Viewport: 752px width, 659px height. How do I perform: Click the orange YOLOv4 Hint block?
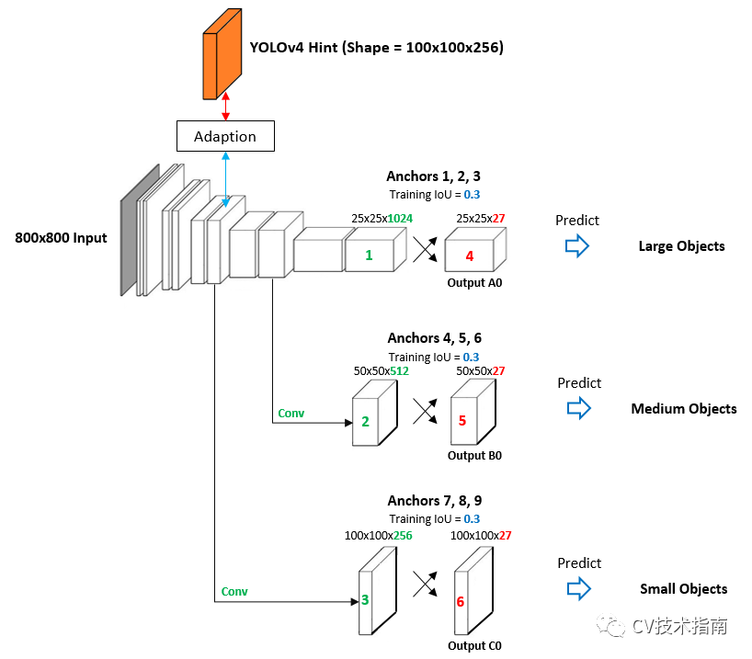coord(222,54)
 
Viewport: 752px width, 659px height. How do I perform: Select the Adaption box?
coord(225,136)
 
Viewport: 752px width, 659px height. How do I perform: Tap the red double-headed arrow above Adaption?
coord(225,107)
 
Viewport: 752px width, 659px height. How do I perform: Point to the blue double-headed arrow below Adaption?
coord(225,179)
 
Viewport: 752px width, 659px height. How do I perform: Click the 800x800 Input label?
coord(61,238)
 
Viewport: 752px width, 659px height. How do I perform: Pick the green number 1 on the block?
coord(369,256)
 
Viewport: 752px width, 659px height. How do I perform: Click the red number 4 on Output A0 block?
coord(470,256)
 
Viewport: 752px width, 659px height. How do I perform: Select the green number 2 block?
coord(374,413)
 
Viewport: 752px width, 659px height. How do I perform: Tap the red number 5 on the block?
coord(462,421)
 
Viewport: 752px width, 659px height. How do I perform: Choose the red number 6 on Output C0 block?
coord(461,601)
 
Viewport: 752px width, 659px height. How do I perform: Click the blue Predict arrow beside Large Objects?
coord(577,246)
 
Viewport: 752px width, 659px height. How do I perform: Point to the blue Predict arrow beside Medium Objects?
coord(579,408)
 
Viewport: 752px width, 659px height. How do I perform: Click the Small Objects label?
coord(683,589)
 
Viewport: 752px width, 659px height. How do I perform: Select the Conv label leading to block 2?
coord(291,413)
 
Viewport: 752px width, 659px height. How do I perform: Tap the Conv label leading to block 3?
coord(234,591)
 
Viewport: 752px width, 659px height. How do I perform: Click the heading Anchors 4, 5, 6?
coord(435,338)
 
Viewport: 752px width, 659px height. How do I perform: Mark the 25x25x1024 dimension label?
coord(382,219)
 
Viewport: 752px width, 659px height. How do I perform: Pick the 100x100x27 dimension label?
coord(481,535)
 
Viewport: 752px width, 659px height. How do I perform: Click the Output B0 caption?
coord(474,455)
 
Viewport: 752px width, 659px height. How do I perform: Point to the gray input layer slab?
coord(140,230)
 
